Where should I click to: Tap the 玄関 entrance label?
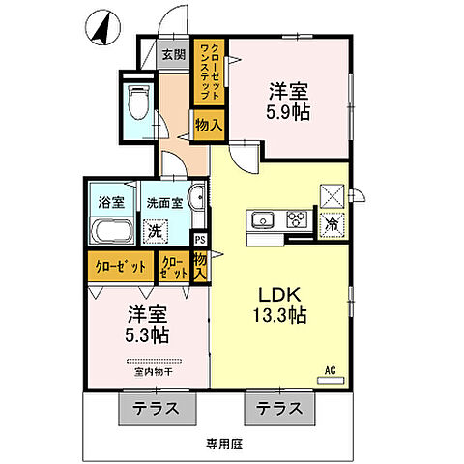(174, 55)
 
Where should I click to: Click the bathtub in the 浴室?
(112, 232)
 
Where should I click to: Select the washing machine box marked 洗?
(154, 231)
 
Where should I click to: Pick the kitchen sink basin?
(263, 220)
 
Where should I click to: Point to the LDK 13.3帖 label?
(280, 305)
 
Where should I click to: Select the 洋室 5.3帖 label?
(147, 325)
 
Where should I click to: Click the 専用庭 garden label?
(221, 444)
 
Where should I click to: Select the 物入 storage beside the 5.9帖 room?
(208, 124)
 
